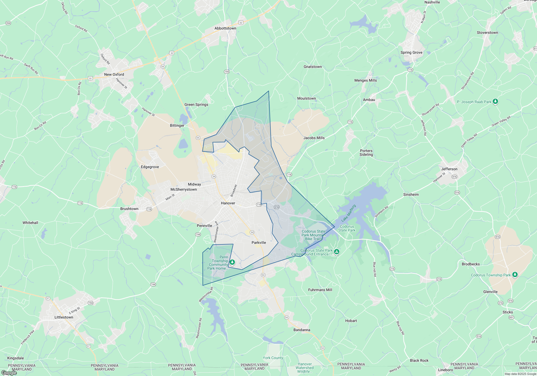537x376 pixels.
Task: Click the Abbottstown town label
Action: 225,28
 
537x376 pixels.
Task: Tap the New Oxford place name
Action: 114,74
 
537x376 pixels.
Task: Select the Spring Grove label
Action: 411,52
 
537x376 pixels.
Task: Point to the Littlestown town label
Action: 64,317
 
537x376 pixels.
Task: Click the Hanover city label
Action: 228,203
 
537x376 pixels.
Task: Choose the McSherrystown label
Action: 184,189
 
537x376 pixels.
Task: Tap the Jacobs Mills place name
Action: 314,138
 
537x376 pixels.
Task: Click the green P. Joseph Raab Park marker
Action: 495,102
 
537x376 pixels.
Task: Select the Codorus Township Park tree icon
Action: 515,274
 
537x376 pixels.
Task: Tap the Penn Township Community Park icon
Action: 232,262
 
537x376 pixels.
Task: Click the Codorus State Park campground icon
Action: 337,252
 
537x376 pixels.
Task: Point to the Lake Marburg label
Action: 349,213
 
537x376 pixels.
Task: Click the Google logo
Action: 9,373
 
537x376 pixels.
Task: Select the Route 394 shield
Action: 8,23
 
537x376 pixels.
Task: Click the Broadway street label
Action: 234,190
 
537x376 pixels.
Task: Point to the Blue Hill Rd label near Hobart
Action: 400,328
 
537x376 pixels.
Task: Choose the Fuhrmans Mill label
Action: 320,290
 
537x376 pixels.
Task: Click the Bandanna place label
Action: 302,330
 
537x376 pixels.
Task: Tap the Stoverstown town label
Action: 487,32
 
